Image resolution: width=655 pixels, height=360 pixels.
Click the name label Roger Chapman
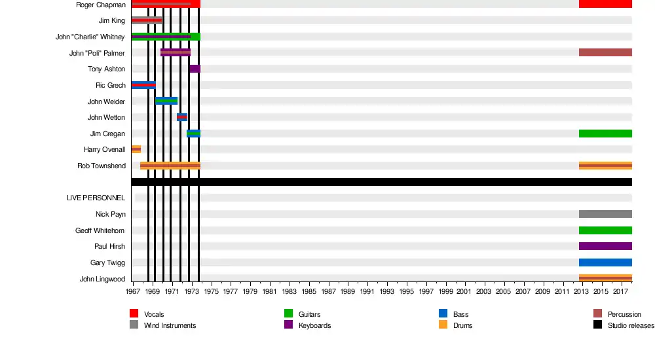101,5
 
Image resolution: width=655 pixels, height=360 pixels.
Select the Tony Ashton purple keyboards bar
195,69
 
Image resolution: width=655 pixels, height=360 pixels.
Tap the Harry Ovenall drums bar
136,150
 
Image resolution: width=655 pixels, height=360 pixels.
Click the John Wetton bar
182,117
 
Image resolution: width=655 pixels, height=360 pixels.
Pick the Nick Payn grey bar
605,214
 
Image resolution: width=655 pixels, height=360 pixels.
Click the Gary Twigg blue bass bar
605,262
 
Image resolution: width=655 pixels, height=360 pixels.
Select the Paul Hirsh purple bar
605,246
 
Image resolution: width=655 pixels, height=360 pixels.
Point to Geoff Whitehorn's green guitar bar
605,230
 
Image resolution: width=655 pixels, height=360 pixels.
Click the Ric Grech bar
143,85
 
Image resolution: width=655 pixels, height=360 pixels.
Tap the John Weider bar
166,101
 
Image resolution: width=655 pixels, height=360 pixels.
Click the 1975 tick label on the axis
212,291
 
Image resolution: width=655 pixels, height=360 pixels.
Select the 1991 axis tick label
367,291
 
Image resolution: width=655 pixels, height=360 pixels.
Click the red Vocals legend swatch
134,314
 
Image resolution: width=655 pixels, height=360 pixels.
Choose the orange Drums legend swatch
443,325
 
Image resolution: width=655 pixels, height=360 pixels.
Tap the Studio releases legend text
630,325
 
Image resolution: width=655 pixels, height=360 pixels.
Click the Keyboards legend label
314,325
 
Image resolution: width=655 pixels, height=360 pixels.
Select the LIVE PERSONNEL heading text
96,198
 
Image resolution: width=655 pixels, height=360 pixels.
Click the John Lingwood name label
103,279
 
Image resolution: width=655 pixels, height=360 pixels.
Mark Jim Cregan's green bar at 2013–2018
605,134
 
